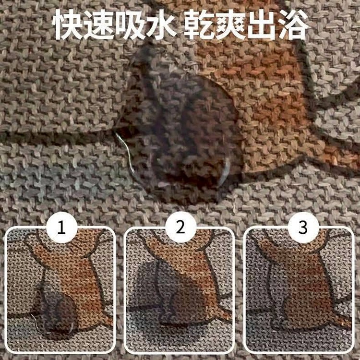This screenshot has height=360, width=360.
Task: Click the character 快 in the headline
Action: [x=68, y=25]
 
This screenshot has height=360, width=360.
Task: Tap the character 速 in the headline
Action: [x=99, y=25]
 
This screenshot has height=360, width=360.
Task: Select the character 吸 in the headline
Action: [x=131, y=25]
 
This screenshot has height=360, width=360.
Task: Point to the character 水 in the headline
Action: [x=162, y=25]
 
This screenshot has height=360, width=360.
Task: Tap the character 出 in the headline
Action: [x=262, y=25]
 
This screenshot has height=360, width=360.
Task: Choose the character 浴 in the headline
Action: [x=293, y=25]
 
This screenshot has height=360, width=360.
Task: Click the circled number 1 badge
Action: [x=61, y=228]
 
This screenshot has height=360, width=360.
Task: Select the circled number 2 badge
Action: [x=180, y=228]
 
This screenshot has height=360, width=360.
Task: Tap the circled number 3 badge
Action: [x=303, y=228]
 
